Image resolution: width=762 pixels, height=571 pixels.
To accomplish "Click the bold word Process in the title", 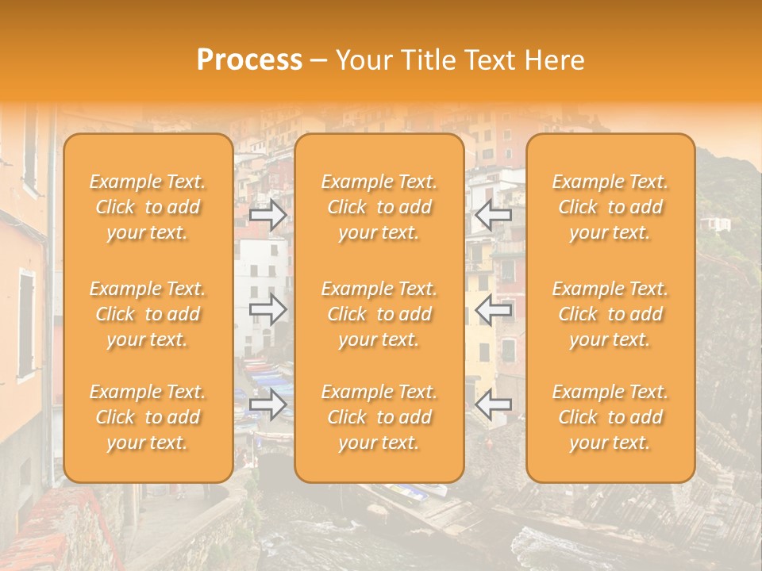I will click(249, 60).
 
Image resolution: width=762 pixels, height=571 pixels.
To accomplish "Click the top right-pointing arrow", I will click(268, 215).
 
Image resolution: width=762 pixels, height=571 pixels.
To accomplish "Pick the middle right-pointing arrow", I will click(268, 310).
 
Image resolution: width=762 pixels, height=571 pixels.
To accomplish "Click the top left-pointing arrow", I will click(493, 215).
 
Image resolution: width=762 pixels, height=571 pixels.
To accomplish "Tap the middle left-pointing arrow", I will click(493, 310).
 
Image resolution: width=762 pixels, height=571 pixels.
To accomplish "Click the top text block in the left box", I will click(148, 207).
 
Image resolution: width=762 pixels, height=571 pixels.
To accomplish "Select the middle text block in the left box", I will click(148, 314).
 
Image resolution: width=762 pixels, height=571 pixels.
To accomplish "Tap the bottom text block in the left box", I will click(148, 417).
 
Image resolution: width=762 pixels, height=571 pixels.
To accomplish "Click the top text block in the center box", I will click(379, 207).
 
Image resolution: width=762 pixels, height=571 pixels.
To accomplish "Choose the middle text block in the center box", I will click(379, 314).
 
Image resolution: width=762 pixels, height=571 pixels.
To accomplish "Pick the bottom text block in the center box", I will click(379, 417).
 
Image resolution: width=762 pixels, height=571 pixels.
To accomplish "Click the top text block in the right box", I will click(610, 207).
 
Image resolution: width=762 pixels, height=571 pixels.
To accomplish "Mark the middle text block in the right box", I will click(610, 314).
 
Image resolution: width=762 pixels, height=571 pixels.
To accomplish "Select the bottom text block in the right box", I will click(610, 417).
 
